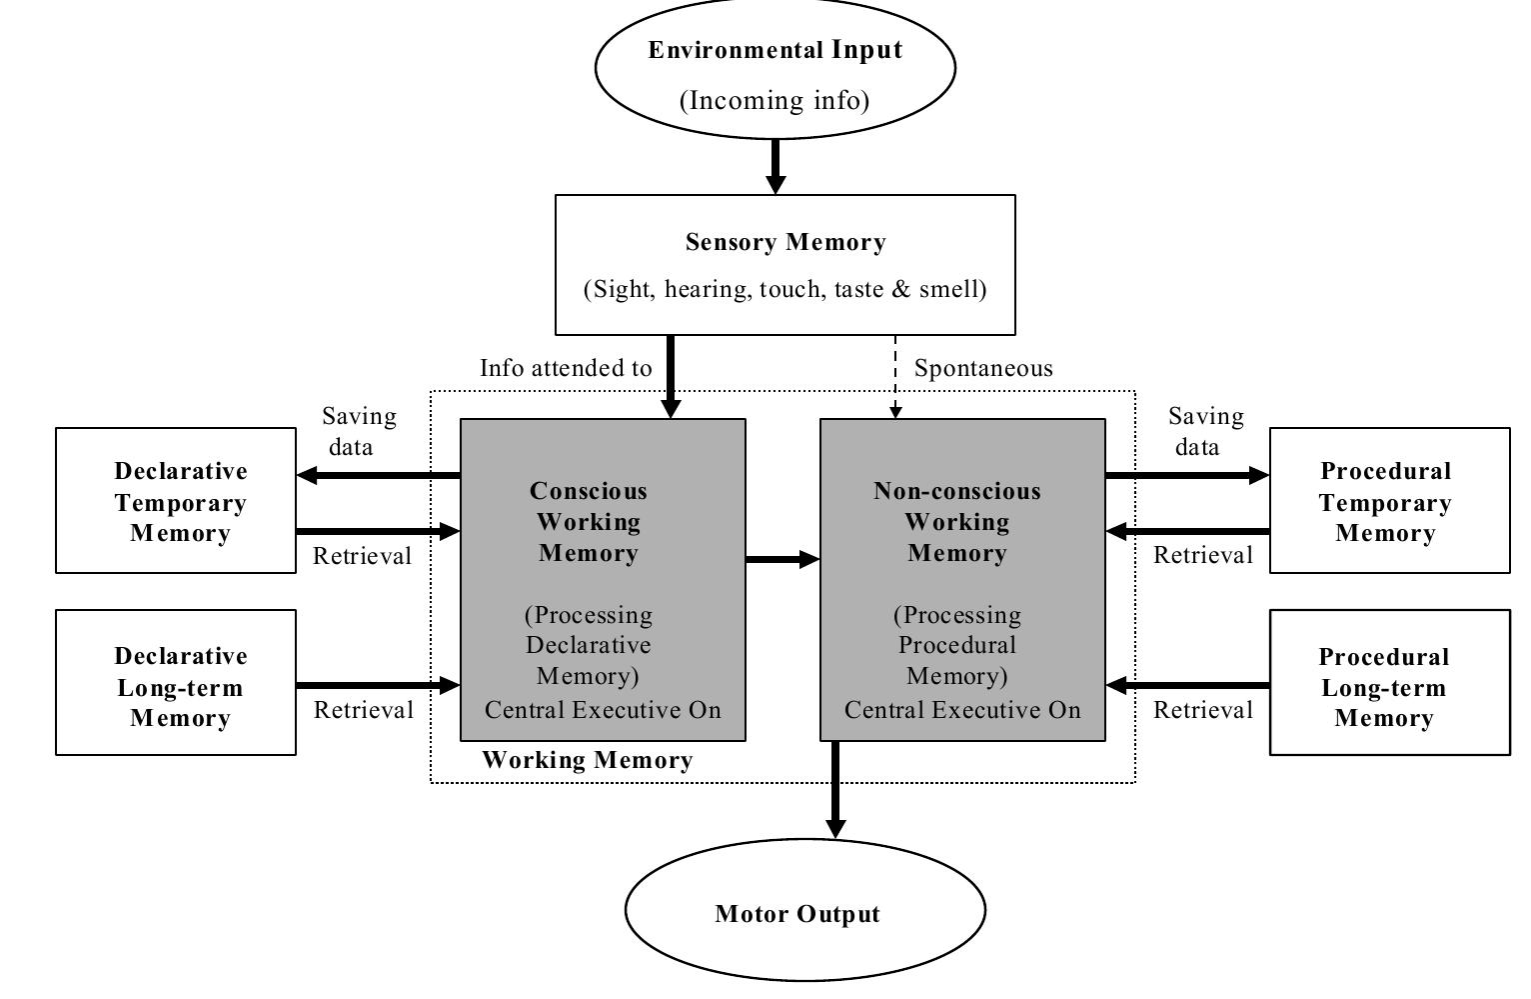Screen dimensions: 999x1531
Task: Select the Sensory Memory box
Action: tap(784, 264)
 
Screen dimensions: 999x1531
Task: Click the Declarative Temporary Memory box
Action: tap(176, 501)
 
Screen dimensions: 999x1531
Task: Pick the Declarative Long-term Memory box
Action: tap(176, 685)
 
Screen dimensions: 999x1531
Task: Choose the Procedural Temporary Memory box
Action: tap(1389, 501)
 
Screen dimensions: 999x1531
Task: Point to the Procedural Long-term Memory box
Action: tap(1389, 685)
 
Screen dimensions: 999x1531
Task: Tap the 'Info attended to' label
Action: tap(566, 368)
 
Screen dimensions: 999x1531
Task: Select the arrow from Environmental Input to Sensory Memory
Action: tap(775, 166)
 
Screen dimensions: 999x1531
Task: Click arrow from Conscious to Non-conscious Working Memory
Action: tap(782, 559)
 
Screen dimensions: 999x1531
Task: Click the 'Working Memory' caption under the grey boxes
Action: tap(588, 760)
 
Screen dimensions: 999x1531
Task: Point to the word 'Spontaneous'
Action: tap(983, 368)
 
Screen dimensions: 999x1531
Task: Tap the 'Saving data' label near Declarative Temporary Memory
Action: tap(359, 431)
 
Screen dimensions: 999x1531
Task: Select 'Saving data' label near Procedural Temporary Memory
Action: tap(1205, 431)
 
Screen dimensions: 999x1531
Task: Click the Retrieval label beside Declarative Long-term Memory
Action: tap(364, 710)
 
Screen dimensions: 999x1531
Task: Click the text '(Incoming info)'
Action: tap(774, 101)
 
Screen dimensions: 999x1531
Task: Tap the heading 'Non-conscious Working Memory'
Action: tap(957, 521)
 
